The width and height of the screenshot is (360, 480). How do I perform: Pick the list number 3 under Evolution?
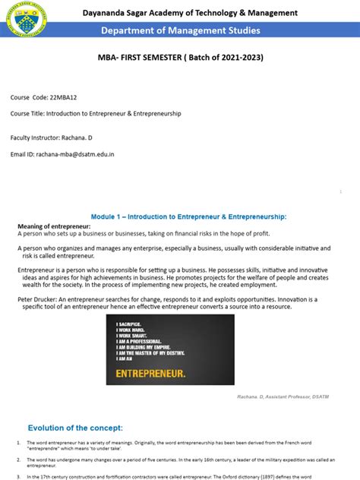(18, 475)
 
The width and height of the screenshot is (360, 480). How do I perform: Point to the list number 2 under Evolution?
(18, 459)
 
